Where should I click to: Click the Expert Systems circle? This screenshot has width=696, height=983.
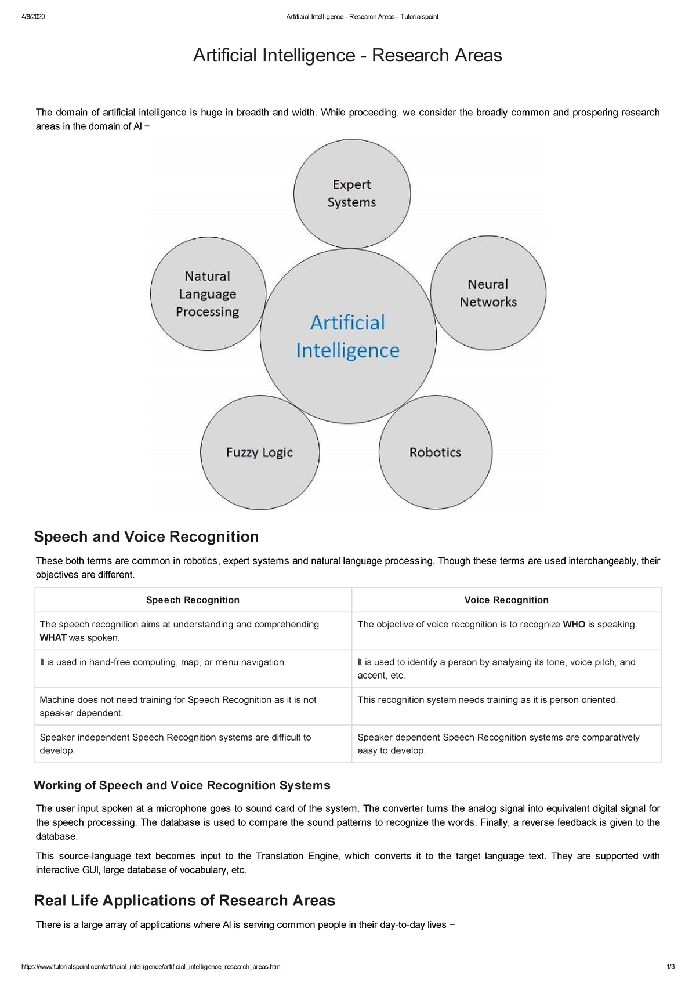(x=352, y=193)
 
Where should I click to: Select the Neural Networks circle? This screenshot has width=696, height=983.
(x=488, y=293)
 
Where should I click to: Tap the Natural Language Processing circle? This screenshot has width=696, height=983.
(x=208, y=293)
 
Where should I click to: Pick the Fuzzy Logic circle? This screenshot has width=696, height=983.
(x=260, y=452)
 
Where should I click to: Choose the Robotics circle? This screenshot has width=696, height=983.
(x=435, y=452)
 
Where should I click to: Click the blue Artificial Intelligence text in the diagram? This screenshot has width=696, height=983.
(x=348, y=336)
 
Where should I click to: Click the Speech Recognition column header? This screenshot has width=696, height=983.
(x=193, y=600)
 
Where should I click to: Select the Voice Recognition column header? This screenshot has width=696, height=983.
(x=506, y=600)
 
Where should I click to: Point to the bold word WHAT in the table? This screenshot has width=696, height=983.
(x=53, y=637)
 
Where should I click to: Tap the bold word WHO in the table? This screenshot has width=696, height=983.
(x=574, y=625)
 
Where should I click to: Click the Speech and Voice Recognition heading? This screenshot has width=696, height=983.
(x=146, y=536)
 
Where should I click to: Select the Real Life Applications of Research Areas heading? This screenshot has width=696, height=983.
(x=184, y=900)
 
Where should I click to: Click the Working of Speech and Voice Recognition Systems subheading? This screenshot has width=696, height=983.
(x=182, y=785)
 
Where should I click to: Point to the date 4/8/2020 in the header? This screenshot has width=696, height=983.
(x=33, y=17)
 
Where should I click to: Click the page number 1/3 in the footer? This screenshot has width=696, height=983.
(x=670, y=967)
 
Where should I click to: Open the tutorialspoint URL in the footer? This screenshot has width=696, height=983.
(x=151, y=967)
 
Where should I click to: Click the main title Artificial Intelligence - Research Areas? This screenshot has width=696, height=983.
(x=347, y=56)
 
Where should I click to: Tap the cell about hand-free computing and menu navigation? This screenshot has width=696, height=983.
(x=163, y=662)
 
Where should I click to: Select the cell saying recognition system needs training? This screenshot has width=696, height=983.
(x=487, y=700)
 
